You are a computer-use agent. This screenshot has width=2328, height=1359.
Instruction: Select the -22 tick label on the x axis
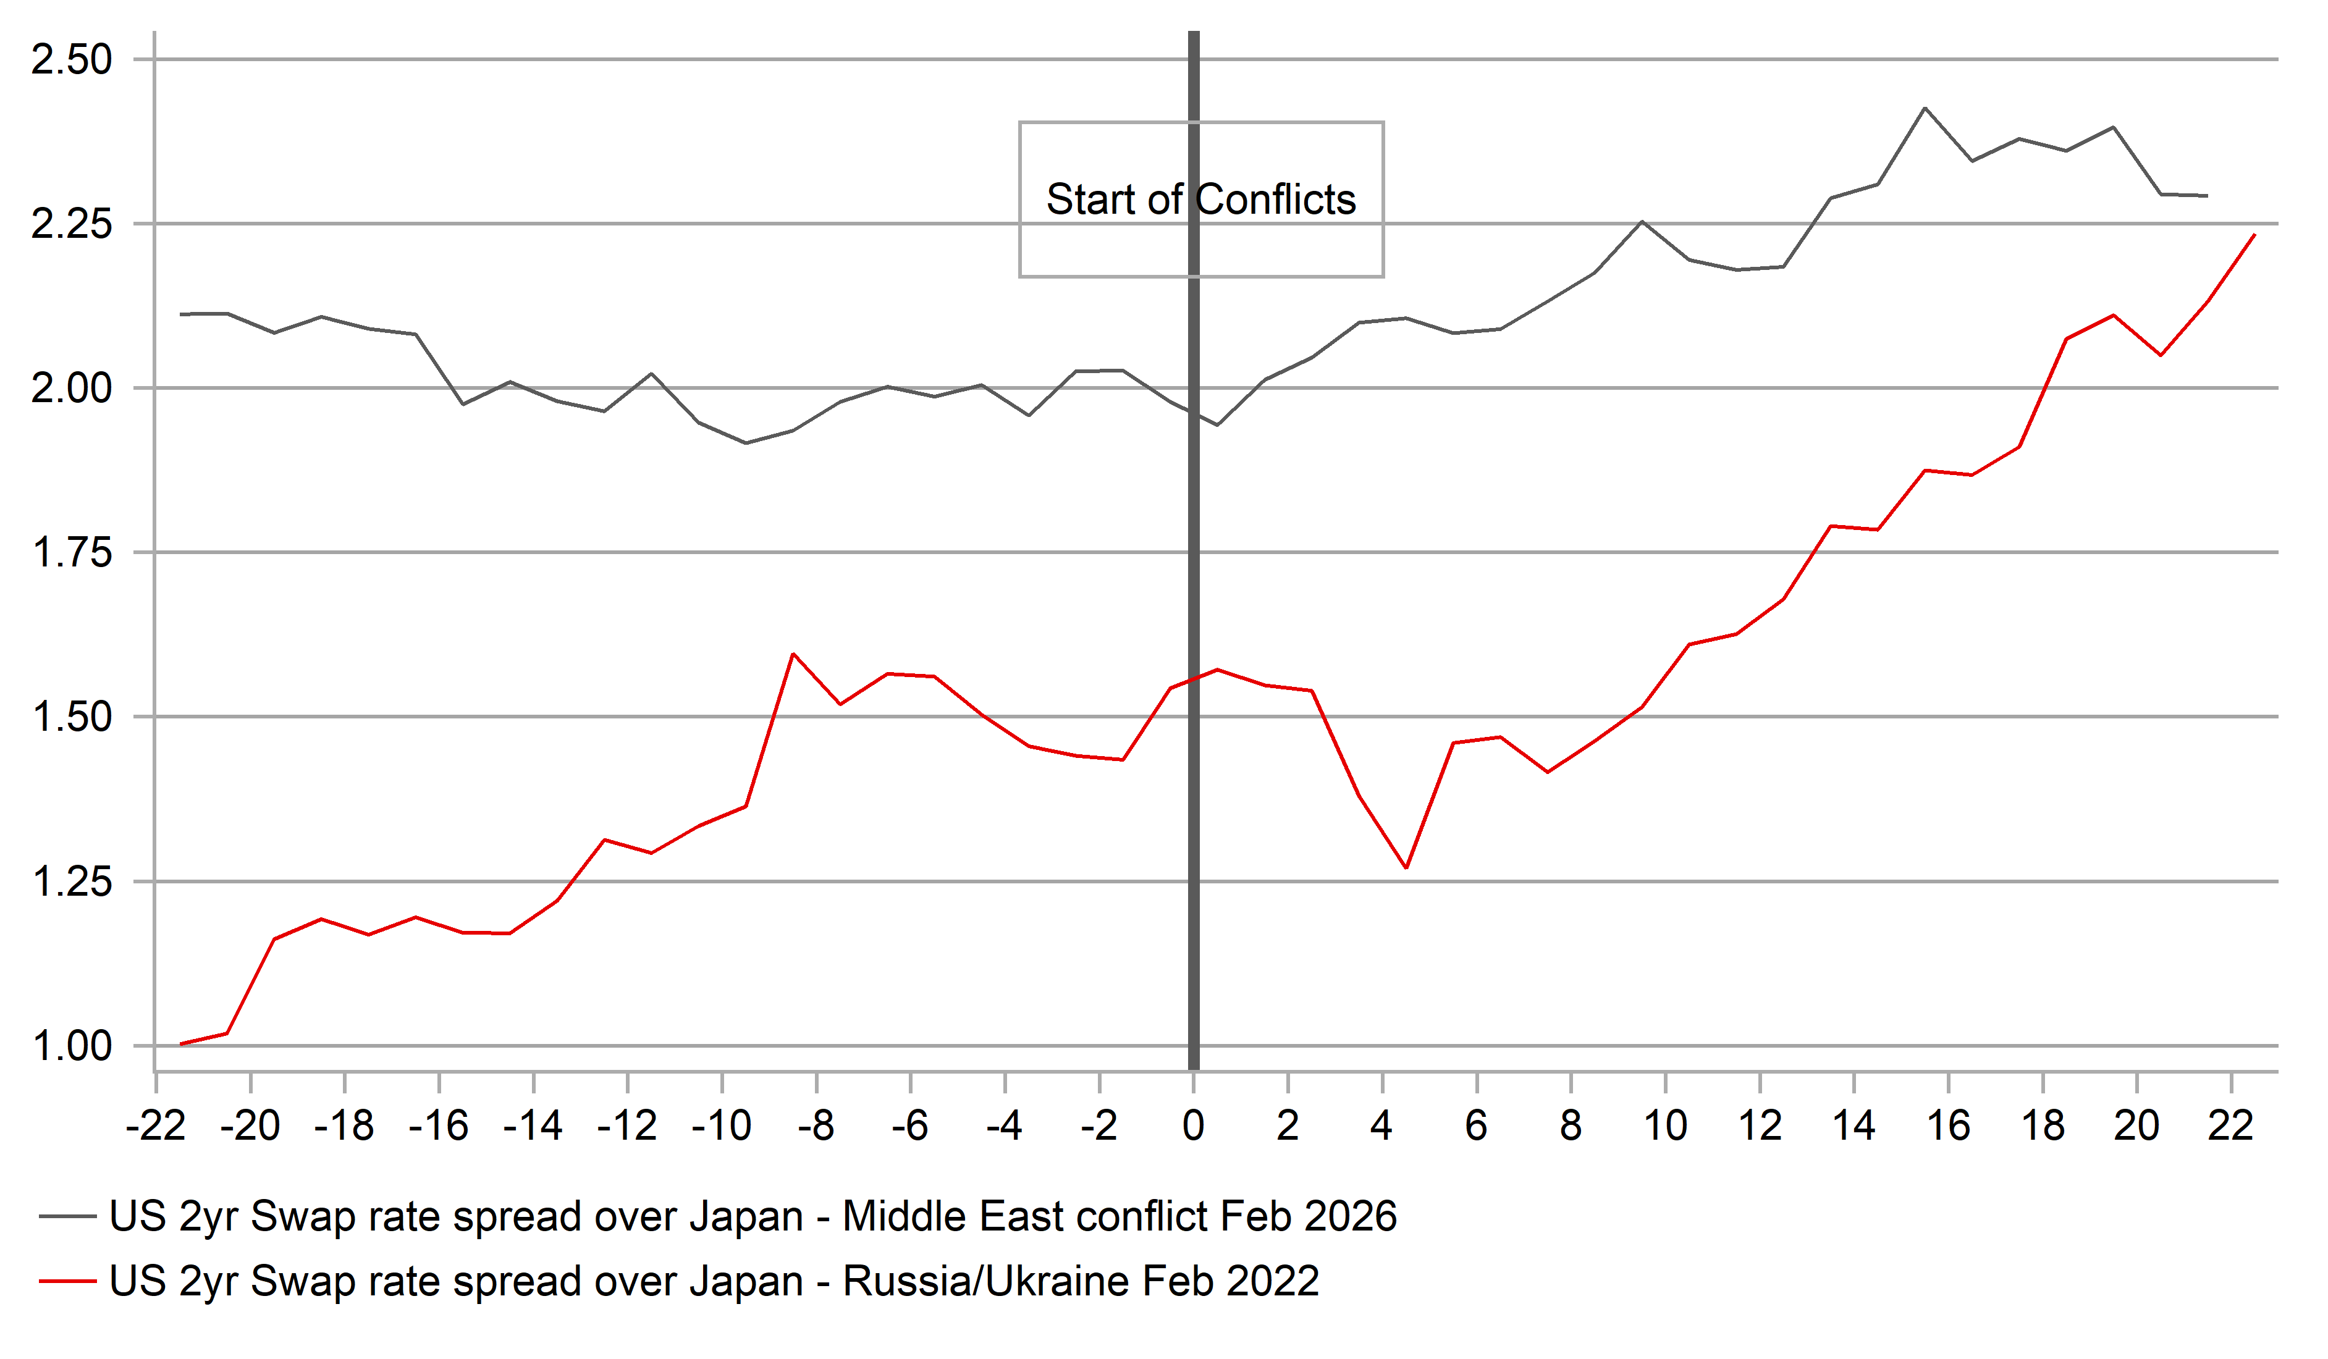155,1126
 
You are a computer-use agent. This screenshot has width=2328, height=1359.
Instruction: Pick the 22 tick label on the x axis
2230,1126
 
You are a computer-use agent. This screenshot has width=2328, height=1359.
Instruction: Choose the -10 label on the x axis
722,1126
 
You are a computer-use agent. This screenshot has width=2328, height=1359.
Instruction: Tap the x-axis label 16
1947,1126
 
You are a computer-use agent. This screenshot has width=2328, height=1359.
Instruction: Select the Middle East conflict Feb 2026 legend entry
753,1217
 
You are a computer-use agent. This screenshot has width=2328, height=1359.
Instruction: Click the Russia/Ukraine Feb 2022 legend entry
713,1281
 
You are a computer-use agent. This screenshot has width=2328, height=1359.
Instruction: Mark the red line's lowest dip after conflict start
1406,867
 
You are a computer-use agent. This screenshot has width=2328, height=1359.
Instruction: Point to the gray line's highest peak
1925,108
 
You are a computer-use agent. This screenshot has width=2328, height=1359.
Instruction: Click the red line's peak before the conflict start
793,654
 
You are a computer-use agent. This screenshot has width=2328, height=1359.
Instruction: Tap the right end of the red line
2255,235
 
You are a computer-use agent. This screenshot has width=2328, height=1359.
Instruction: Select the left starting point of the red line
180,1044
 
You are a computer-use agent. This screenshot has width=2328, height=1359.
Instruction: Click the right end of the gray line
2207,196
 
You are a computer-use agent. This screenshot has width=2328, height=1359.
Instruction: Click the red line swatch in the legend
67,1281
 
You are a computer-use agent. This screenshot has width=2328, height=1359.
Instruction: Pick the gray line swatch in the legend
67,1217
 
